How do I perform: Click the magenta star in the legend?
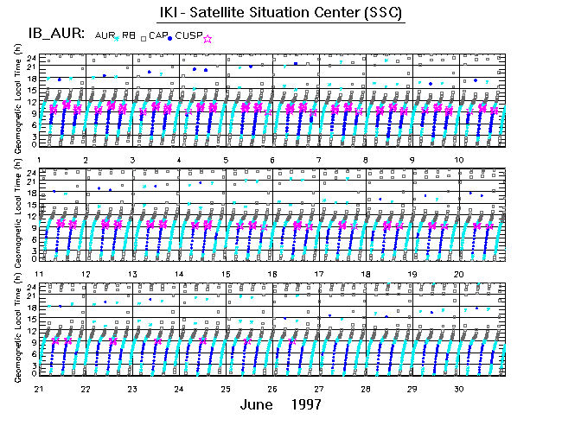206,37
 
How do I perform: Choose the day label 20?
460,274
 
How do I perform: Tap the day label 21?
40,389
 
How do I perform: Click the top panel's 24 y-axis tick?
30,57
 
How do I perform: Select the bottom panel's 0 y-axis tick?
33,373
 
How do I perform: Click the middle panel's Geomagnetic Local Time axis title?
18,215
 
